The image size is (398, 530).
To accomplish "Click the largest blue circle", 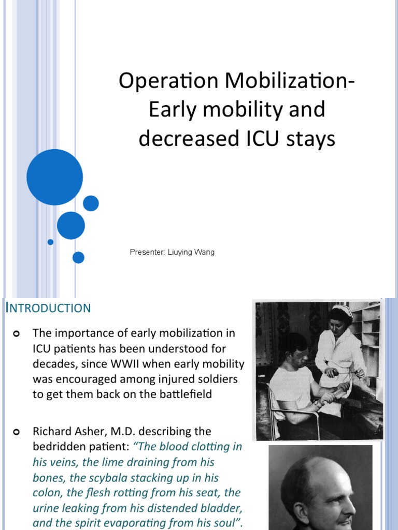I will [54, 177].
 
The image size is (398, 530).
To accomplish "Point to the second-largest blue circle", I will [70, 225].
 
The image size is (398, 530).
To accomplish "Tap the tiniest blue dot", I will [50, 242].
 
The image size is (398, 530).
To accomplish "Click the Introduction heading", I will [48, 308].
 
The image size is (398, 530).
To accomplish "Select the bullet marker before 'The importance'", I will [17, 332].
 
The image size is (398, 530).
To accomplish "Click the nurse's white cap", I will [342, 310].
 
